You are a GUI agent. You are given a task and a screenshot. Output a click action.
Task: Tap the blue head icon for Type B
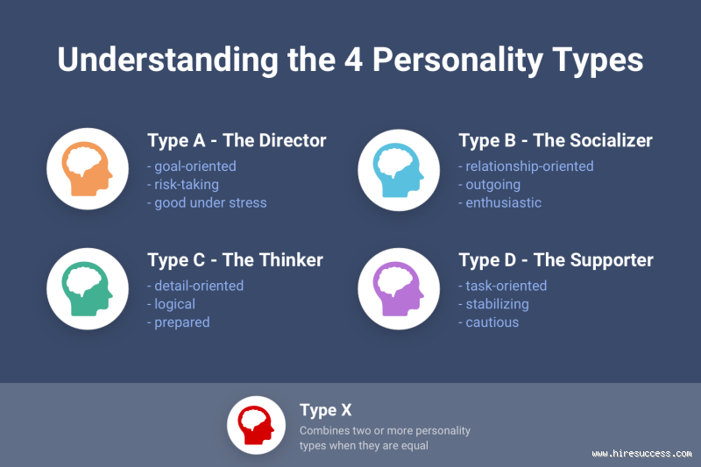tap(398, 167)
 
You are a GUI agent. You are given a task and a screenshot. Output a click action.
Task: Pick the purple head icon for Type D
tap(398, 288)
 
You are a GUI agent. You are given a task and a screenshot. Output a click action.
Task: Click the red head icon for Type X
tap(257, 425)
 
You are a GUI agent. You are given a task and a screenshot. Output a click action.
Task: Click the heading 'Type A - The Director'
tap(237, 141)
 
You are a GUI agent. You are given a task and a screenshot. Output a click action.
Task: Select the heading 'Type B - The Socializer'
tap(556, 141)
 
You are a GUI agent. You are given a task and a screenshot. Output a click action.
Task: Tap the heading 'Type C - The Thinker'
tap(235, 260)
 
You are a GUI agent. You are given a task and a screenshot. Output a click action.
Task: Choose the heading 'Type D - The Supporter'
tap(556, 260)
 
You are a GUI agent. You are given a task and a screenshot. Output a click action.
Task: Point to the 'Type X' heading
tap(325, 410)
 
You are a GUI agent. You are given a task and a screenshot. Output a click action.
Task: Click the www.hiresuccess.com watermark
tap(641, 453)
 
